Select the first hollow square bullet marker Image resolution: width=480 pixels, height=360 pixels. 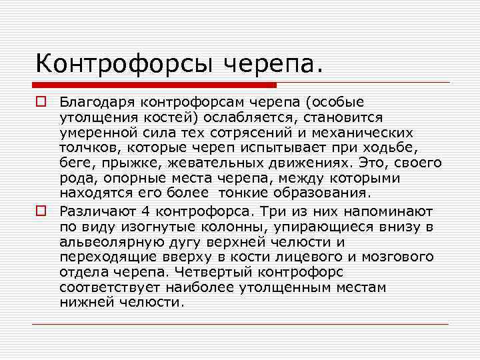click(41, 103)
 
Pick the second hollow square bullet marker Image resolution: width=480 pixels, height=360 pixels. click(41, 211)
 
